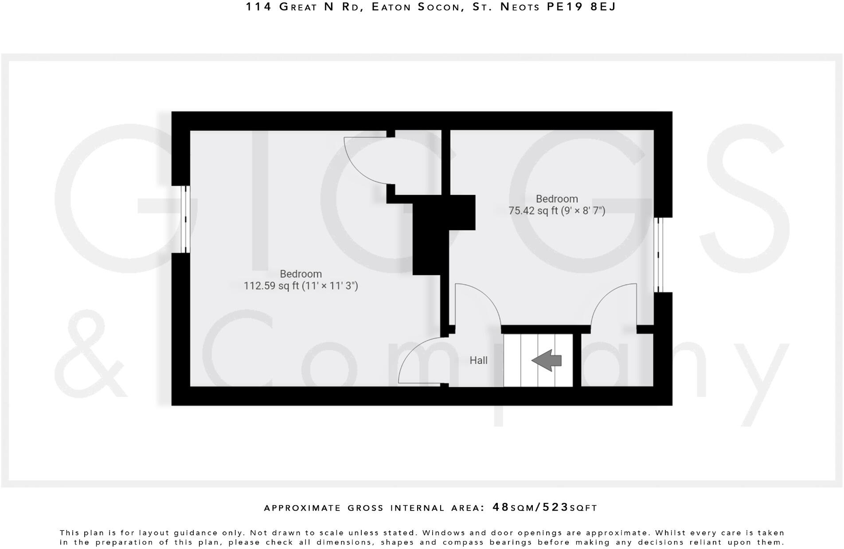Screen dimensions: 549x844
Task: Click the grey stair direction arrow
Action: (547, 360)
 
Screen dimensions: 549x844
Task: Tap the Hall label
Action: (478, 360)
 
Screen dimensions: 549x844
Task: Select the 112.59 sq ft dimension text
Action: (301, 286)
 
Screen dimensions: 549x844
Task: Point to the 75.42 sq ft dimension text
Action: (556, 211)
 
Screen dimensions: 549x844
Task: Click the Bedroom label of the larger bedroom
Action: (301, 274)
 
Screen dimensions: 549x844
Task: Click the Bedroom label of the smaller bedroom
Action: (557, 199)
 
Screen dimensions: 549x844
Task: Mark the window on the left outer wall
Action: (187, 219)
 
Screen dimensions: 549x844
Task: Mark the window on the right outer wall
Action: (658, 255)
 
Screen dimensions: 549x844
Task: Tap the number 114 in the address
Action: (258, 7)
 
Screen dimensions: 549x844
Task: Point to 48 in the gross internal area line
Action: (501, 507)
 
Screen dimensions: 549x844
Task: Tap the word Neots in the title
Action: (516, 7)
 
